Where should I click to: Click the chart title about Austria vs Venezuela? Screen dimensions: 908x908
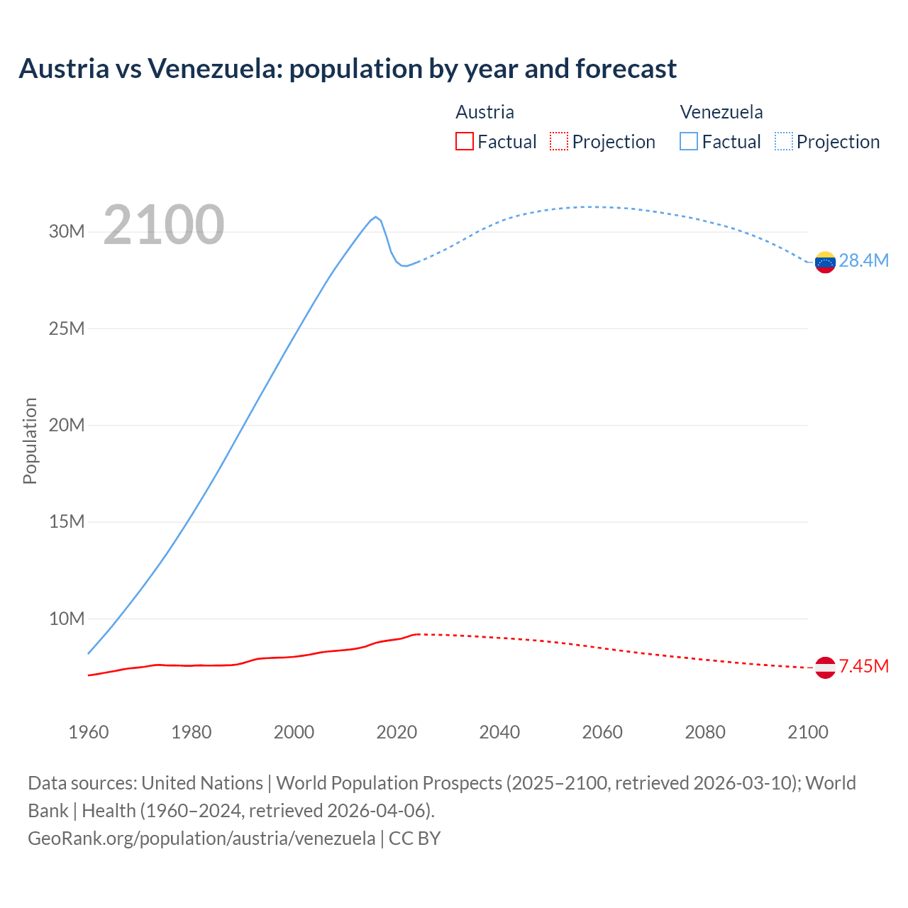pos(348,69)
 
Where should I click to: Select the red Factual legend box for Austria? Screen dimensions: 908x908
pos(464,141)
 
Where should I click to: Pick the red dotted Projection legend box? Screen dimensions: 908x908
pos(559,141)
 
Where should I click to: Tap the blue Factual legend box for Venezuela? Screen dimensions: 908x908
pos(688,141)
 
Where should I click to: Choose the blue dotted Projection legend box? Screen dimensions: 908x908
pos(783,141)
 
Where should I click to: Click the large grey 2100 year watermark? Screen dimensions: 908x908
pos(164,226)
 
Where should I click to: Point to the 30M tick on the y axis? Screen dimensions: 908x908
pos(67,232)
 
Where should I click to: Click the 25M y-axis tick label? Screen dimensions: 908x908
pos(67,328)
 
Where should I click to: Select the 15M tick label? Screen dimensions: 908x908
pos(67,522)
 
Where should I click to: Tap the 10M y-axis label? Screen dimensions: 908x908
pos(67,619)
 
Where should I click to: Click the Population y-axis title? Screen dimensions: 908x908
pos(30,441)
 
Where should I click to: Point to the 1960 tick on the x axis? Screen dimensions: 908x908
pos(89,732)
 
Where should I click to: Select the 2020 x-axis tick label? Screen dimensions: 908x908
pos(397,732)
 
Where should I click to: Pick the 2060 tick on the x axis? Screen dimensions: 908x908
pos(602,732)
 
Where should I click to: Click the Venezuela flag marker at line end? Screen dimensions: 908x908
pos(825,262)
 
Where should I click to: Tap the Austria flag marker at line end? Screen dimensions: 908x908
pos(825,668)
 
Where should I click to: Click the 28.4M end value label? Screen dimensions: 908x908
pos(863,261)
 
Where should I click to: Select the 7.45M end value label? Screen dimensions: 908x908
pos(863,667)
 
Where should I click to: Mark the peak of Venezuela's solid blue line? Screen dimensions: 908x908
pos(376,217)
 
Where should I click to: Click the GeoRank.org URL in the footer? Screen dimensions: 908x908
pos(201,838)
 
